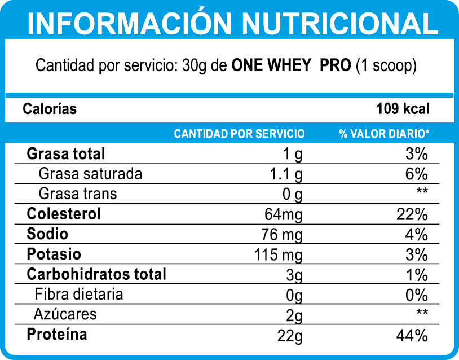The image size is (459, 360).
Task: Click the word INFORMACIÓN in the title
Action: tap(129, 23)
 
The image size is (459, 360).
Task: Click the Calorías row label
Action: tap(50, 109)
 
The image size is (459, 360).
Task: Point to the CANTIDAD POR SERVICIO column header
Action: tap(239, 134)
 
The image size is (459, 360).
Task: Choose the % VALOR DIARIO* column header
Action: tap(384, 134)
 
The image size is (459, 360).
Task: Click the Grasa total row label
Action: tap(66, 153)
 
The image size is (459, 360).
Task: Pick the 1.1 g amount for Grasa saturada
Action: tap(286, 174)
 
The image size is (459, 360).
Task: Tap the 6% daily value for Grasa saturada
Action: tap(417, 174)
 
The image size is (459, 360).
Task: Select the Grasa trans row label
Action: tap(78, 194)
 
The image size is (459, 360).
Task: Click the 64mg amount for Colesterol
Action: tap(283, 215)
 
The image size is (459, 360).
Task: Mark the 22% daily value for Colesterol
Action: tap(412, 215)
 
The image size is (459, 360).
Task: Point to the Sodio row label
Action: tap(47, 234)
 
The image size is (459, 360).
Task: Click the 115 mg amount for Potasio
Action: tap(279, 255)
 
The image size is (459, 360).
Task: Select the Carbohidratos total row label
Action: tap(96, 275)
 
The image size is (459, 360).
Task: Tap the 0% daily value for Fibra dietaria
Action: tap(417, 295)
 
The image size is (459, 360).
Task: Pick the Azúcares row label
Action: tap(65, 314)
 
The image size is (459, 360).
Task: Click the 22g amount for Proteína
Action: tap(290, 336)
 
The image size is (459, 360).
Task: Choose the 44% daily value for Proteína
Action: tap(412, 336)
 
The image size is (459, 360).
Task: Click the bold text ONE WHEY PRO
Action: tap(292, 65)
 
